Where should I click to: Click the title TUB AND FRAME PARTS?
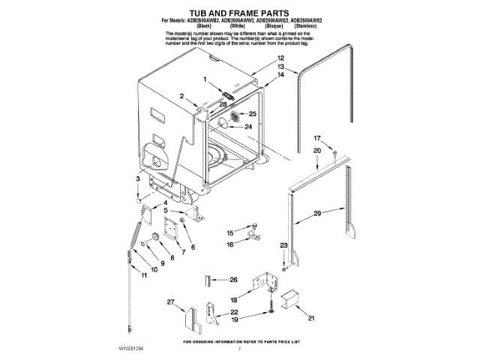(238, 13)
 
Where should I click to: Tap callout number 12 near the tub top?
(280, 58)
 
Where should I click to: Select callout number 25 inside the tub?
(251, 114)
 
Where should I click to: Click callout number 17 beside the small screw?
(316, 138)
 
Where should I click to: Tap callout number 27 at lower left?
(170, 302)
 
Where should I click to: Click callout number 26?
(233, 280)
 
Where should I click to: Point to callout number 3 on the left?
(138, 180)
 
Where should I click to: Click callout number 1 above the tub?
(202, 79)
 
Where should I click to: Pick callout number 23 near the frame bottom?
(283, 246)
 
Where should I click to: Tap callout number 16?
(230, 244)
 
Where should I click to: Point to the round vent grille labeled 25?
(235, 117)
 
